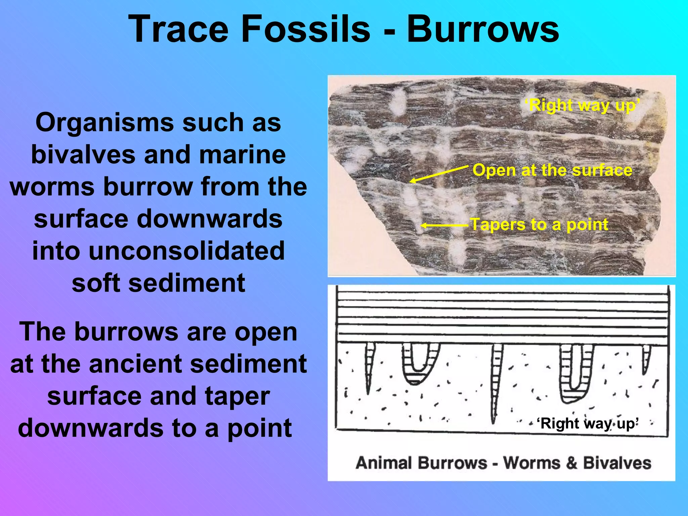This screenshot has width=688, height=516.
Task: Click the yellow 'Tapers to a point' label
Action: pyautogui.click(x=539, y=224)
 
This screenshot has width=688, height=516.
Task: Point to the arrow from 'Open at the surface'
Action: pyautogui.click(x=438, y=174)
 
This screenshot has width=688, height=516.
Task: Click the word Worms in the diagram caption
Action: pyautogui.click(x=532, y=463)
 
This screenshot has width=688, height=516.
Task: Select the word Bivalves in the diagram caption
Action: pyautogui.click(x=617, y=463)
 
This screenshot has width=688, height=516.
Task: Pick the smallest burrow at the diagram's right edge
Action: pyautogui.click(x=646, y=358)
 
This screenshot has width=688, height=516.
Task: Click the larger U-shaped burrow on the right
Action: pyautogui.click(x=575, y=373)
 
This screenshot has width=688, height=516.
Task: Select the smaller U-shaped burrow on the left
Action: pyautogui.click(x=420, y=364)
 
